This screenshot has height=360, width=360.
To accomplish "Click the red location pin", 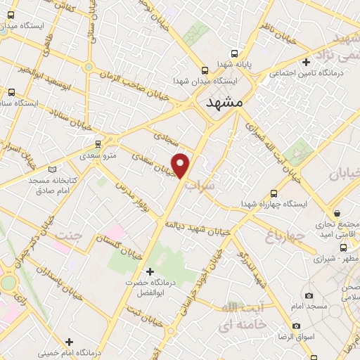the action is click(x=181, y=165).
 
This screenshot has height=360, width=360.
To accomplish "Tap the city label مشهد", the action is click(x=225, y=103).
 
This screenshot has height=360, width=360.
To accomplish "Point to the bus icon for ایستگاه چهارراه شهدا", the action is click(x=273, y=193).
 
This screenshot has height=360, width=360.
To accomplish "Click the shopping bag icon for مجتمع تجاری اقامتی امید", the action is click(x=337, y=213).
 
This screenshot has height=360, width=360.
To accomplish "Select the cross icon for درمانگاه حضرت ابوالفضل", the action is click(x=148, y=271).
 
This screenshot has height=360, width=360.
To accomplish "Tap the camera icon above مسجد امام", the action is click(x=309, y=296).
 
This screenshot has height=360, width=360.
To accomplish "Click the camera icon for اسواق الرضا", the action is click(x=296, y=326).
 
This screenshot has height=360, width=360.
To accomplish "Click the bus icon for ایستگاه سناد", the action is click(x=11, y=92).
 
